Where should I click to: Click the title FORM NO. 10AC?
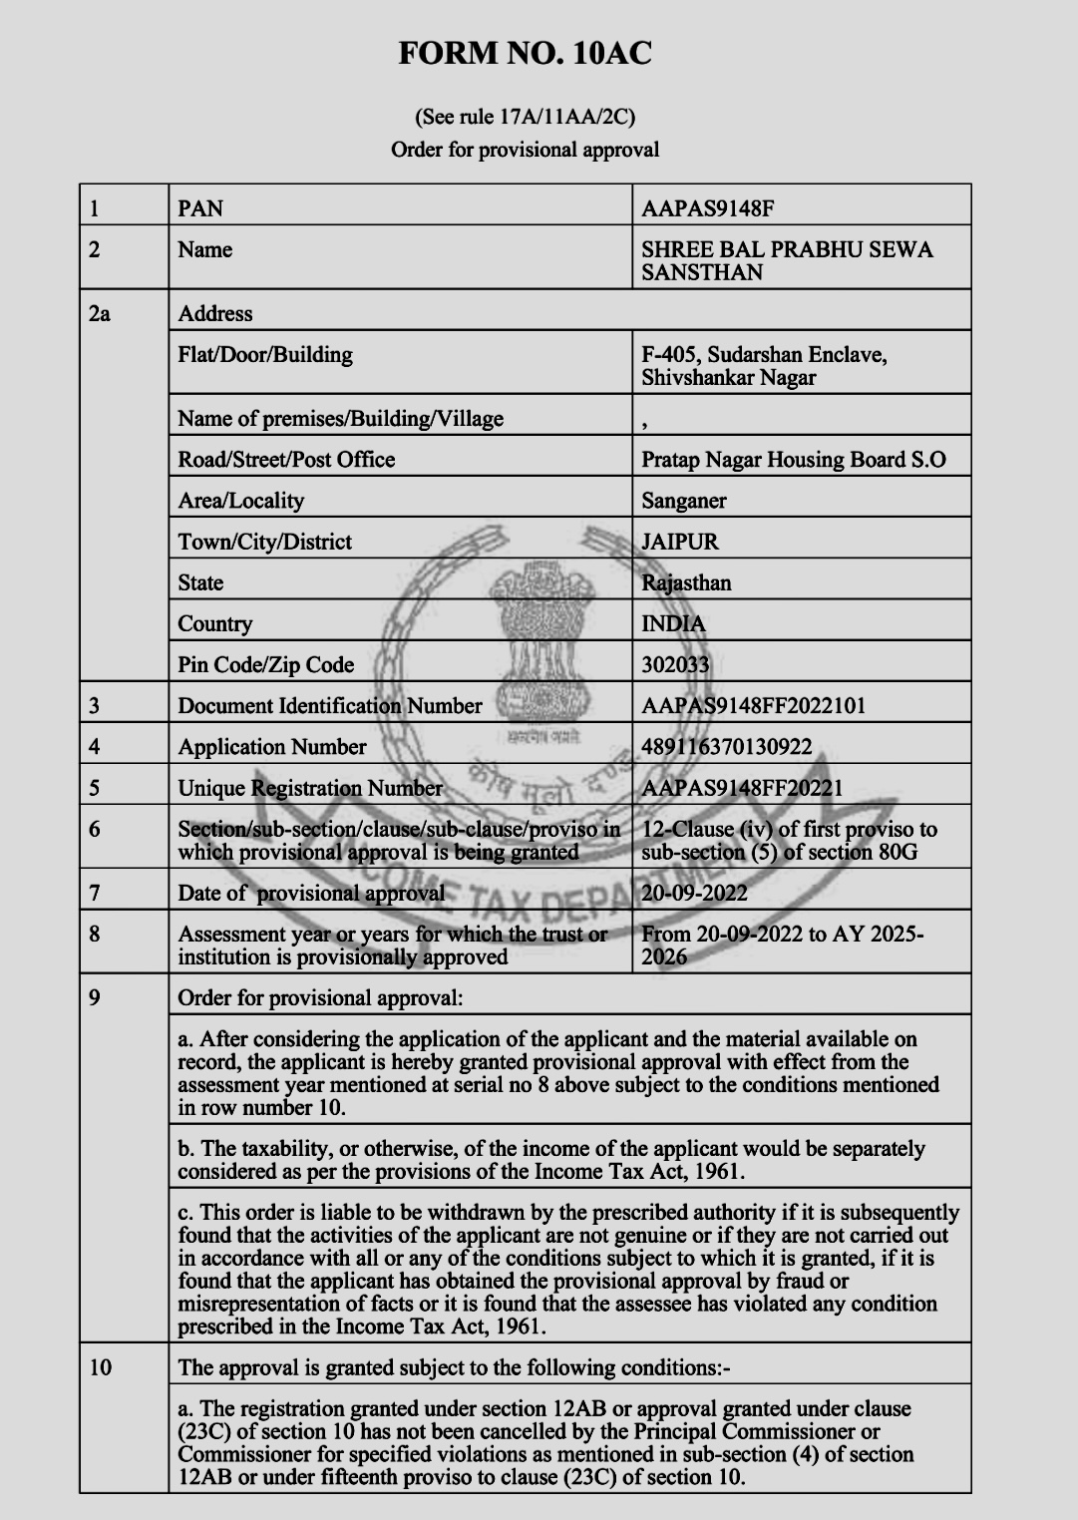[525, 54]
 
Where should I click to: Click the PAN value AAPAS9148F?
[708, 208]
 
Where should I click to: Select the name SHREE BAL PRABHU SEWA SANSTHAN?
[787, 260]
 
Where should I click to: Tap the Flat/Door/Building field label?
[265, 355]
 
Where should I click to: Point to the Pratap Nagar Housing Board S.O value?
[794, 460]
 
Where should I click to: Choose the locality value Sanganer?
[684, 501]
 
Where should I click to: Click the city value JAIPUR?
[680, 542]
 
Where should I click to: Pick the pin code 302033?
[675, 664]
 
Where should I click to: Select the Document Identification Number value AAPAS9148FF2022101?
[753, 706]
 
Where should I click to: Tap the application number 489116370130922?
[727, 747]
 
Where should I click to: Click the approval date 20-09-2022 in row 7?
[694, 893]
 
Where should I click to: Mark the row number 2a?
[100, 313]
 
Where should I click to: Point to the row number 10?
[101, 1367]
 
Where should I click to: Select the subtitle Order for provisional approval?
[525, 150]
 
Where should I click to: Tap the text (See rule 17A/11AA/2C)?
[525, 117]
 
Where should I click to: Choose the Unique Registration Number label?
[310, 788]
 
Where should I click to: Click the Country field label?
[215, 623]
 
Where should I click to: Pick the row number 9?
[95, 997]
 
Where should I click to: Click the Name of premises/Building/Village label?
[340, 419]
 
